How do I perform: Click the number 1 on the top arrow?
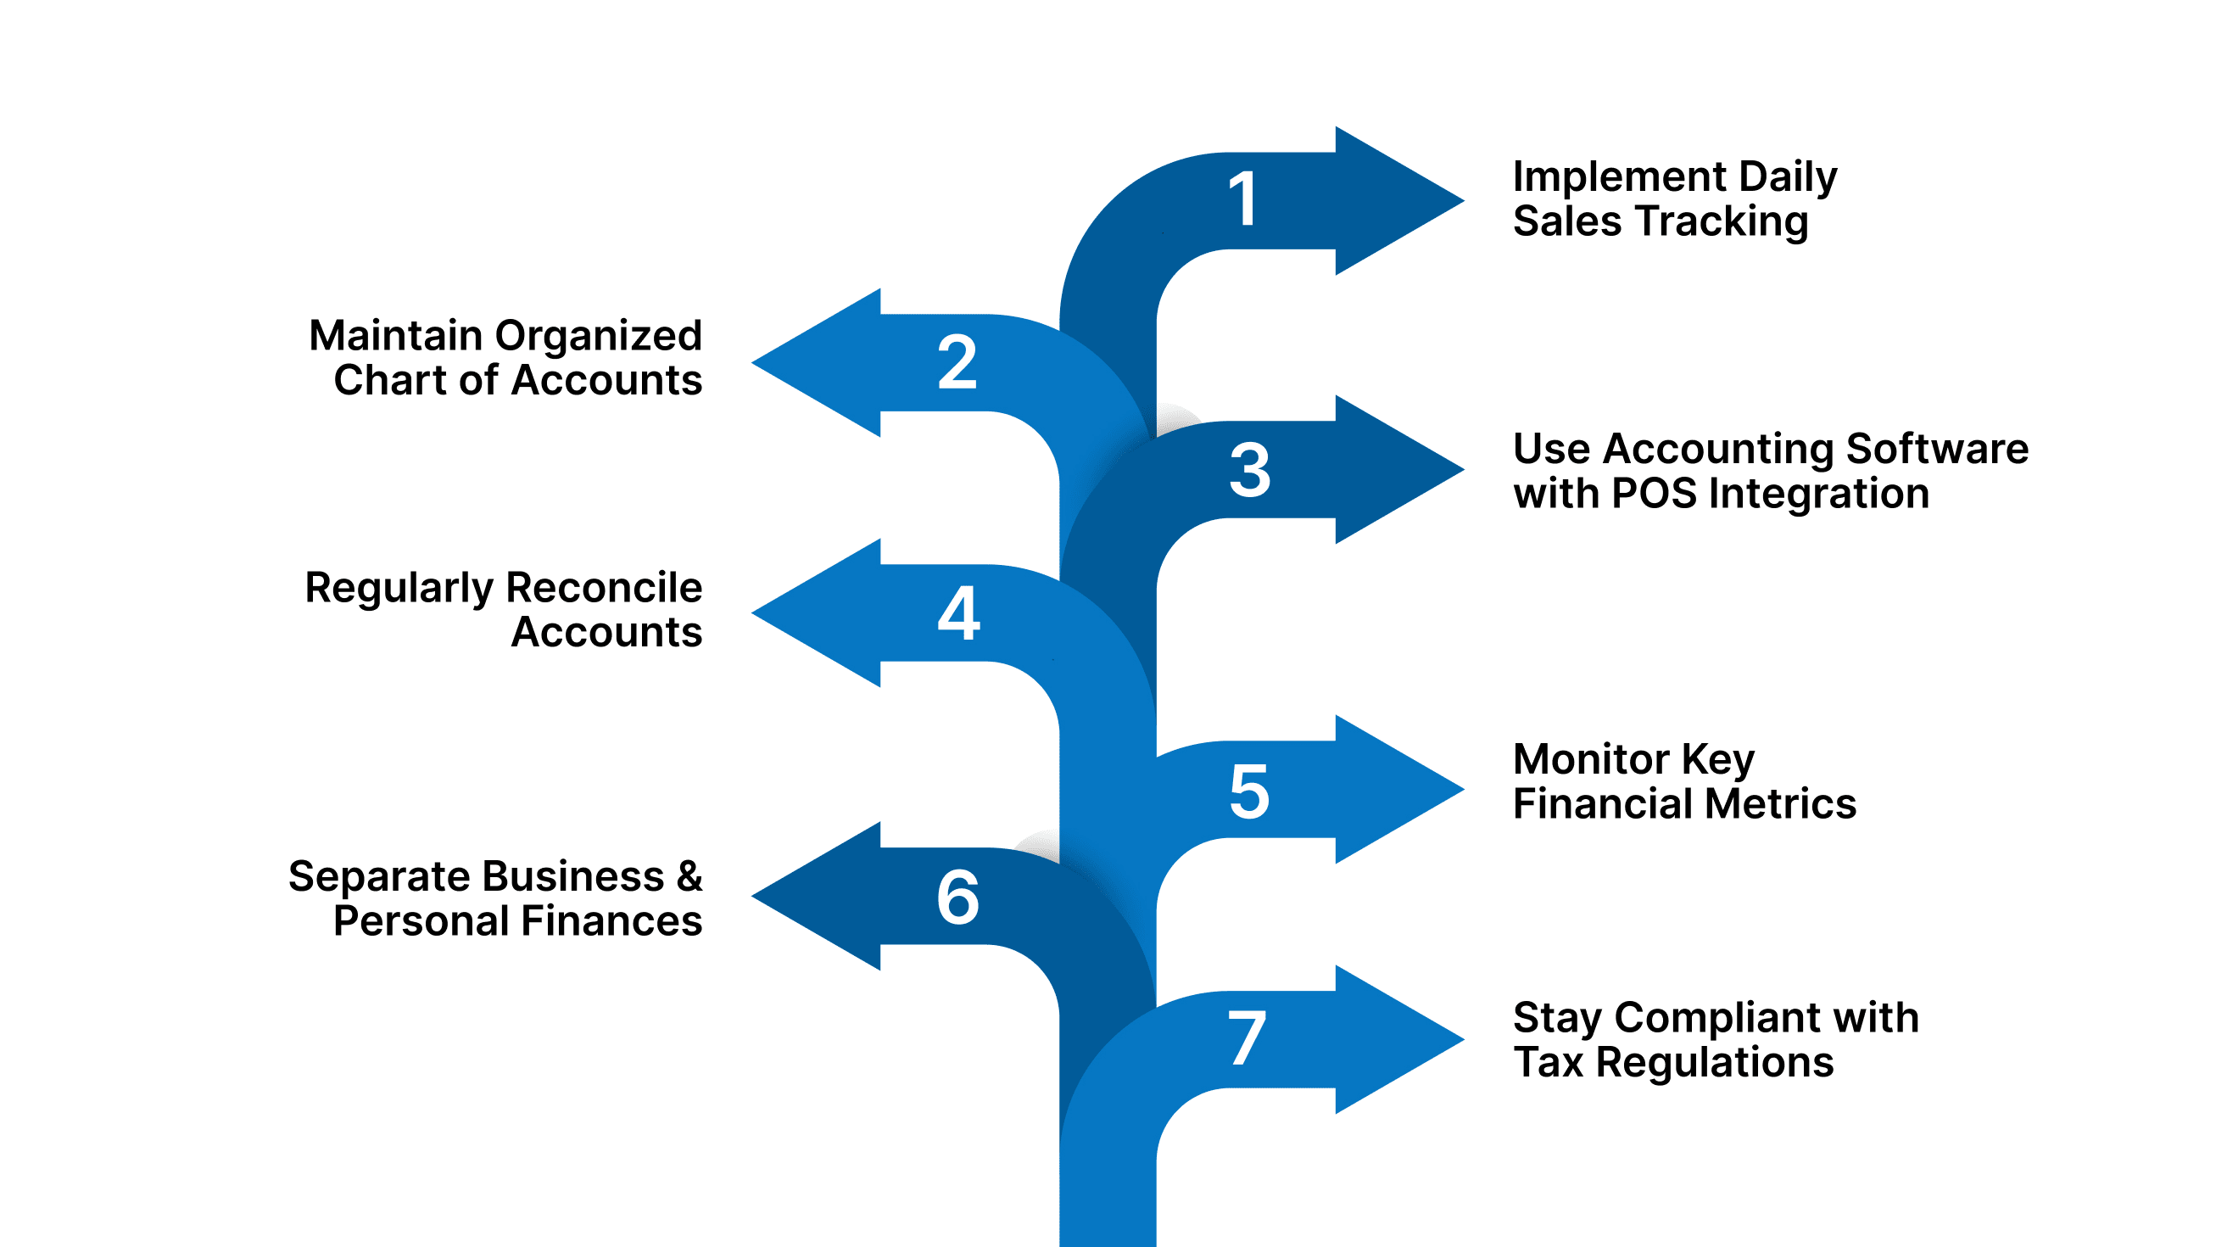coord(1245,199)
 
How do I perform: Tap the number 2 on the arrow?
coord(957,362)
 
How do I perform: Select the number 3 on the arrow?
coord(1249,470)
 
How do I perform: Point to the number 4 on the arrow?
coord(958,612)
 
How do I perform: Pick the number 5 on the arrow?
coord(1249,791)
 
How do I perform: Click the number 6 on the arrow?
coord(957,898)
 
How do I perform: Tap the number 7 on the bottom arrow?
coord(1247,1038)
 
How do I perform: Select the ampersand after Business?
coord(689,877)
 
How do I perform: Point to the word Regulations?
coord(1715,1063)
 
